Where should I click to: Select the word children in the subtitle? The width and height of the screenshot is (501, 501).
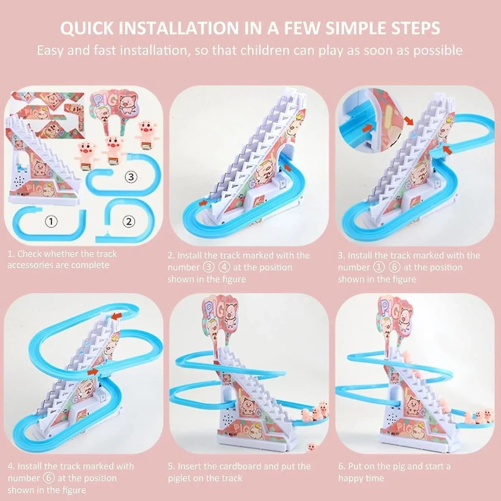(x=265, y=51)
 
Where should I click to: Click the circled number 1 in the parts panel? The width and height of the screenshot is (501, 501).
(x=51, y=222)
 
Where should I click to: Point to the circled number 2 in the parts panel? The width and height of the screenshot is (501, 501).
(x=129, y=222)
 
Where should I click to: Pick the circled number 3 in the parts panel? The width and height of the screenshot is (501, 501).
(x=131, y=177)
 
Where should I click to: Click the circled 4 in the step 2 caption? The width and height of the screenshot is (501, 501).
(x=224, y=267)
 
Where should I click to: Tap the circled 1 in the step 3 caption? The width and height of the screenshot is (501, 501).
(x=379, y=267)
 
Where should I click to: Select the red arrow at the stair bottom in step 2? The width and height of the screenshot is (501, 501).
(x=204, y=202)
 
